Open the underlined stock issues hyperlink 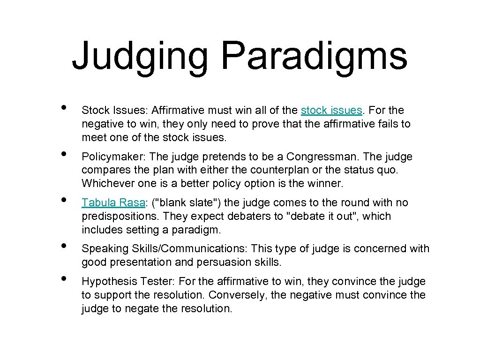pyautogui.click(x=331, y=111)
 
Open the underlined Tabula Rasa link pyautogui.click(x=113, y=202)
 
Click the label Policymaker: pyautogui.click(x=110, y=157)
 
